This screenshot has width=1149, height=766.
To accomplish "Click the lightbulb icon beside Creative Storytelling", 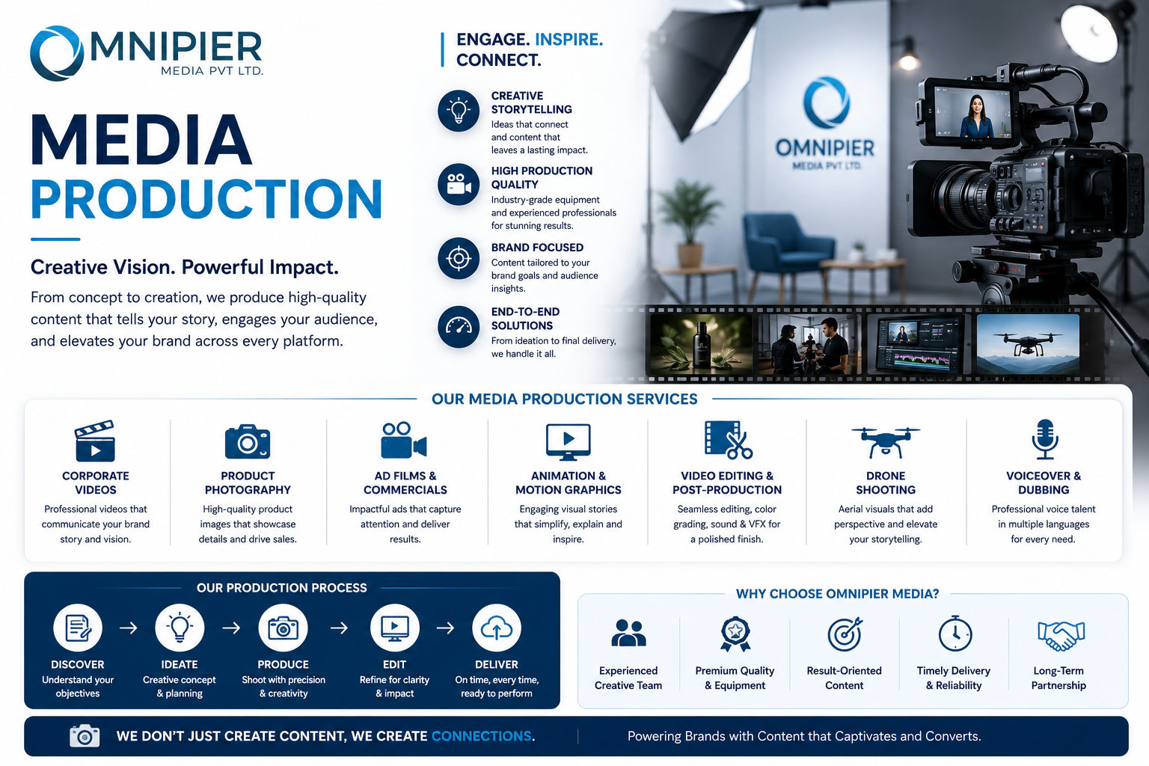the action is (458, 111).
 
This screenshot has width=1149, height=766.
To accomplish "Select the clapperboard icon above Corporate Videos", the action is (95, 441).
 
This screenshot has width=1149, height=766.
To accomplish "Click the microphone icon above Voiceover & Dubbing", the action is (1044, 439).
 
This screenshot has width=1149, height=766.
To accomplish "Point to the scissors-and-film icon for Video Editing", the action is (728, 440).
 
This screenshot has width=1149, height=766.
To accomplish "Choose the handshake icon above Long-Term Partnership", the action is (1061, 636).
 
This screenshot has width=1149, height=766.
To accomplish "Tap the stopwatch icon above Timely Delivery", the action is (955, 634).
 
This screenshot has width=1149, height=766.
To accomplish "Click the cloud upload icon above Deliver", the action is (496, 628).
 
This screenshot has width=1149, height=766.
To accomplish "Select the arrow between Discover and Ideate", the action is (128, 628).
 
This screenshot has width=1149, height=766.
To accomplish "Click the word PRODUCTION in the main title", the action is (206, 199).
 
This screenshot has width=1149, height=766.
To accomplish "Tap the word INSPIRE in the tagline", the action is (569, 40).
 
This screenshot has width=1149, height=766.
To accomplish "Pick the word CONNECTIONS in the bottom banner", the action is (481, 736).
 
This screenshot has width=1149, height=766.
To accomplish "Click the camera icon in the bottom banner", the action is (85, 736).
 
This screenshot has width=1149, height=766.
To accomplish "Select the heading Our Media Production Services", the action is (564, 399).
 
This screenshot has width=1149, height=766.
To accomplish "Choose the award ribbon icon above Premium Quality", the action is (735, 634).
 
